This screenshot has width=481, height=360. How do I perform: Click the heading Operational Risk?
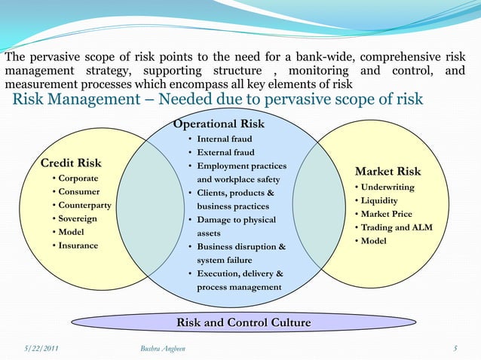click(x=219, y=124)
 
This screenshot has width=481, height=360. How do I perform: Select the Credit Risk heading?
click(x=71, y=163)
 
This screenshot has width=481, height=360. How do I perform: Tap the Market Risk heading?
click(x=388, y=172)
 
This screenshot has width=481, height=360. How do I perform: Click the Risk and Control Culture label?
click(x=244, y=322)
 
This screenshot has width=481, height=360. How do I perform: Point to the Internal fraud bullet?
click(x=225, y=139)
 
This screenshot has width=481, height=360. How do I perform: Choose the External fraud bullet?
click(x=225, y=153)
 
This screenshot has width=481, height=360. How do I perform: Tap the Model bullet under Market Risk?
click(x=375, y=241)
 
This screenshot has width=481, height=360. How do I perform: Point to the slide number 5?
click(x=455, y=348)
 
